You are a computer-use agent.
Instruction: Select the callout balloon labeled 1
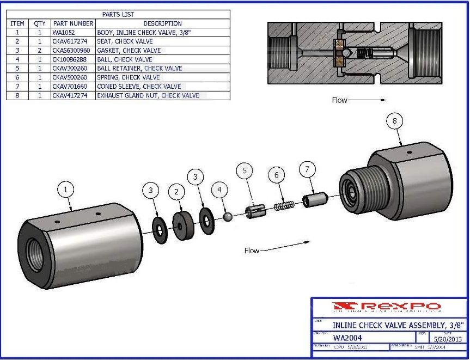pos(66,190)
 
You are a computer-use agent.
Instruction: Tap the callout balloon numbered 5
pos(245,171)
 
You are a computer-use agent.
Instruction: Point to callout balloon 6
pos(276,175)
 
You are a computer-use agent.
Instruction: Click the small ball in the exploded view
pos(228,217)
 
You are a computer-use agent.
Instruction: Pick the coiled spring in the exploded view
pos(283,206)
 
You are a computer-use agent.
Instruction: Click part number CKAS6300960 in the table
pos(71,51)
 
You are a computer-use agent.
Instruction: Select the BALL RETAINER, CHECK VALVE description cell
pos(139,69)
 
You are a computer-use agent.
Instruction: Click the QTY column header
pos(40,23)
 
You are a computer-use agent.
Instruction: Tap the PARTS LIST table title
pos(118,14)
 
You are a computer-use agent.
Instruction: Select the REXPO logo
pos(388,307)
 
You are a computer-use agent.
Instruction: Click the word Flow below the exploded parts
pos(252,251)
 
